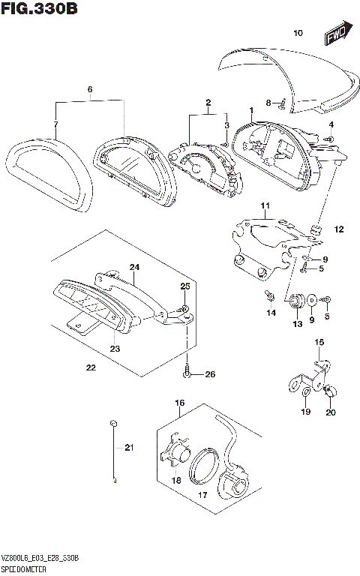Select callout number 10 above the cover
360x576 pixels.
pyautogui.click(x=297, y=33)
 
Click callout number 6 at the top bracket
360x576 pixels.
pyautogui.click(x=89, y=89)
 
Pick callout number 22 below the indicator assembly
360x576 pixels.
pyautogui.click(x=91, y=367)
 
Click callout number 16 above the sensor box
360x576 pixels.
pyautogui.click(x=180, y=403)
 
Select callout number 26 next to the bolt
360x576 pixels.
pyautogui.click(x=209, y=374)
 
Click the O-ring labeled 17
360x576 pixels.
pyautogui.click(x=202, y=471)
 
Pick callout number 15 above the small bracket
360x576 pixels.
pyautogui.click(x=318, y=342)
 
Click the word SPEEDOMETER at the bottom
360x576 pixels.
pyautogui.click(x=27, y=569)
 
